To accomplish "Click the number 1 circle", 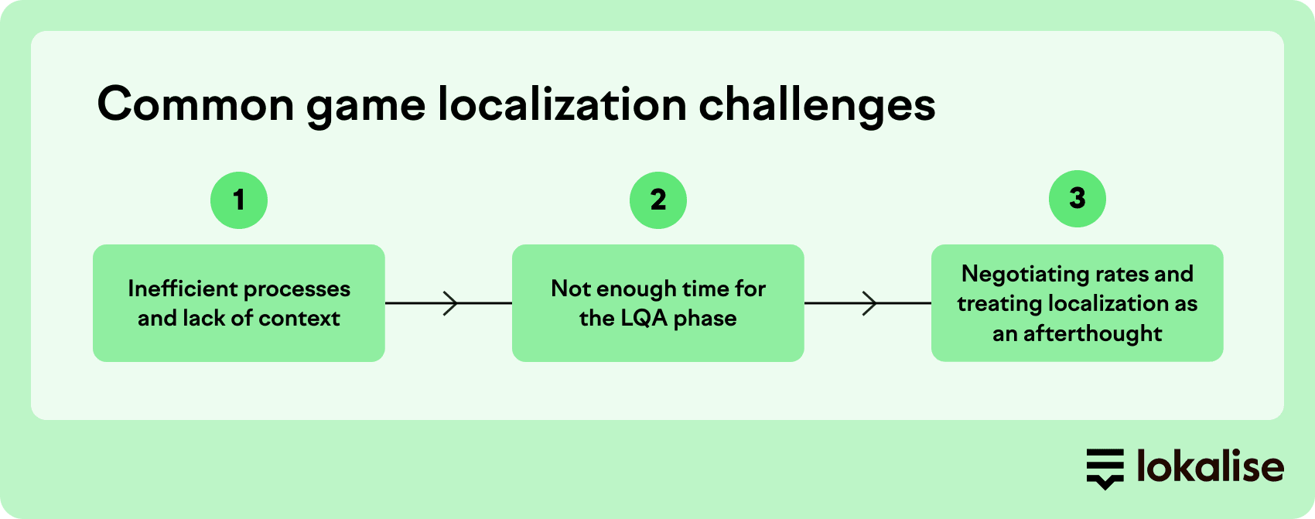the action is coord(239,200).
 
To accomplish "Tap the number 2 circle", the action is coord(658,200).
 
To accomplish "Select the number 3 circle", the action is coord(1078,199).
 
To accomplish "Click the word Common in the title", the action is coord(196,105).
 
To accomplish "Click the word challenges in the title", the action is coord(817,107).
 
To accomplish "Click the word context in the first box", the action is coord(299,318).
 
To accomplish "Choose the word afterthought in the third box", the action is coord(1092,333).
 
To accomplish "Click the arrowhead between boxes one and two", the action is coord(451,303).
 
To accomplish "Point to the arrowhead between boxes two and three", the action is coord(870,303).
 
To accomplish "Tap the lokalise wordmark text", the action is coord(1211,466).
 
